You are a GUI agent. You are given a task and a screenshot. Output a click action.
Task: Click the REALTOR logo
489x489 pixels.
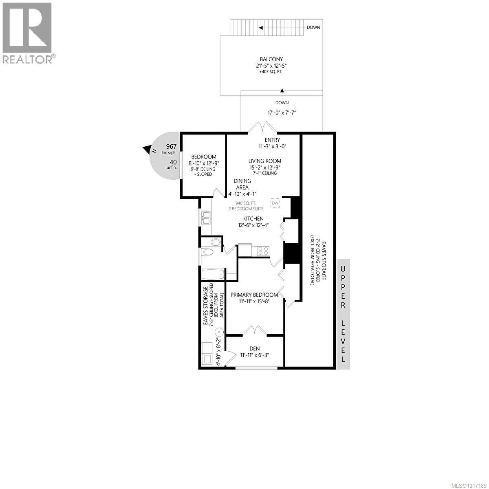(x=28, y=33)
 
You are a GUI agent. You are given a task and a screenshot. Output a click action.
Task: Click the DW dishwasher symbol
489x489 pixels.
(x=275, y=203)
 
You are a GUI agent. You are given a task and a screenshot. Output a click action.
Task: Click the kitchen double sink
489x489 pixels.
(x=205, y=218)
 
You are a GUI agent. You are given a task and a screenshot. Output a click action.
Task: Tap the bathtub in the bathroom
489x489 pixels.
(x=213, y=275)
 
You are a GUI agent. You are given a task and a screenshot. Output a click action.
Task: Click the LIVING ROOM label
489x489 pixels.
(x=265, y=161)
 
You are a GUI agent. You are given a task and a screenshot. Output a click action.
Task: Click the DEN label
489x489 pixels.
(x=255, y=348)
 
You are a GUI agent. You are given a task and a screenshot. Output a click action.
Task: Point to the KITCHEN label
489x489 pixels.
(x=254, y=219)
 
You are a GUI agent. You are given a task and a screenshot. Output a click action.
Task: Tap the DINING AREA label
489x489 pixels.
(x=242, y=184)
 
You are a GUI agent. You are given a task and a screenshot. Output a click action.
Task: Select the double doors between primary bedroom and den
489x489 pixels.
(x=255, y=330)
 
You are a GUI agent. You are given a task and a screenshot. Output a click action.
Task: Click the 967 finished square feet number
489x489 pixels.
(x=171, y=147)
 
